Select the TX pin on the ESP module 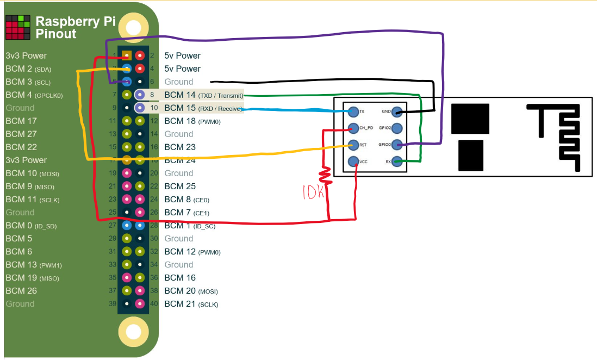pyautogui.click(x=354, y=112)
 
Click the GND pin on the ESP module pyautogui.click(x=398, y=112)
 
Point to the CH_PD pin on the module pyautogui.click(x=353, y=129)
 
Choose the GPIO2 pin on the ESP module pyautogui.click(x=398, y=129)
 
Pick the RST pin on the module pyautogui.click(x=354, y=145)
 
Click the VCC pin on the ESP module pyautogui.click(x=354, y=161)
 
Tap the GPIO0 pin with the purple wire pyautogui.click(x=398, y=145)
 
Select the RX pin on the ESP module pyautogui.click(x=398, y=161)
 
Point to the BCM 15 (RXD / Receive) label pyautogui.click(x=202, y=108)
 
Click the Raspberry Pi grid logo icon pyautogui.click(x=17, y=27)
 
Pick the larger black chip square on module pyautogui.click(x=470, y=119)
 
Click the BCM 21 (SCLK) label pyautogui.click(x=191, y=304)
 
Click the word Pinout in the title pyautogui.click(x=56, y=34)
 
